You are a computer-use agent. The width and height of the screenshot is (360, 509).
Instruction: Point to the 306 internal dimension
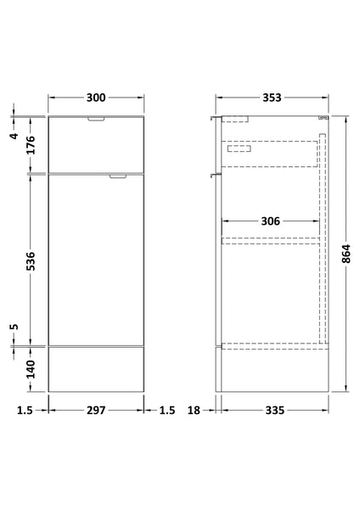coord(270,221)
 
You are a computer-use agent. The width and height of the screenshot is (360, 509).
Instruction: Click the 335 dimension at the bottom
coord(273,411)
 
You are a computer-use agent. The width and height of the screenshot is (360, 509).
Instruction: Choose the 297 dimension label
coord(95,411)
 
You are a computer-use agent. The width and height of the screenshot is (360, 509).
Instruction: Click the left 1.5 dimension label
coord(24,411)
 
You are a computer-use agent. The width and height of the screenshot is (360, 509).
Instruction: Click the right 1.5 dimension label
coord(166,411)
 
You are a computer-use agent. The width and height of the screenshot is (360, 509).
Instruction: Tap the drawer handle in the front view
coord(96,120)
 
